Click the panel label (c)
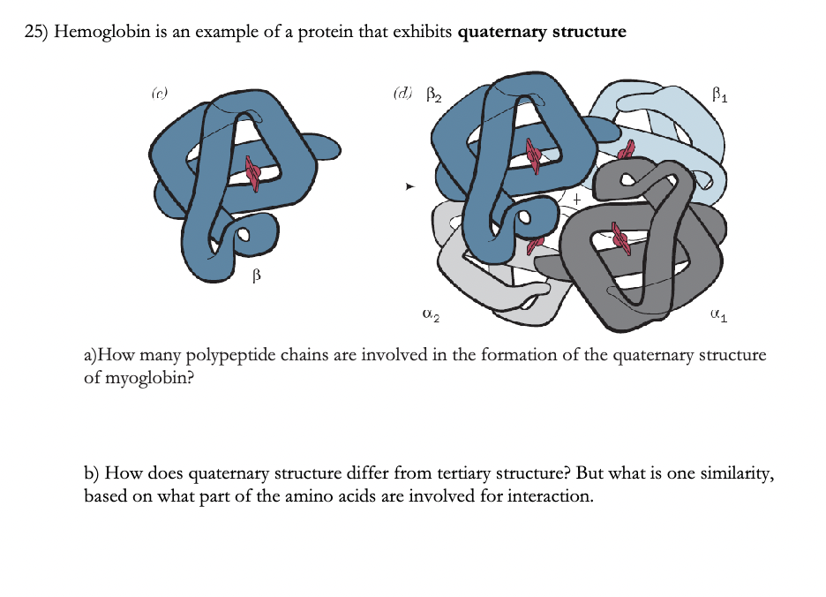coord(159,91)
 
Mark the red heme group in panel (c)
coord(252,173)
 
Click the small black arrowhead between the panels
coord(408,187)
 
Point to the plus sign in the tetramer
coord(574,200)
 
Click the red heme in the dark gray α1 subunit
coord(619,238)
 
